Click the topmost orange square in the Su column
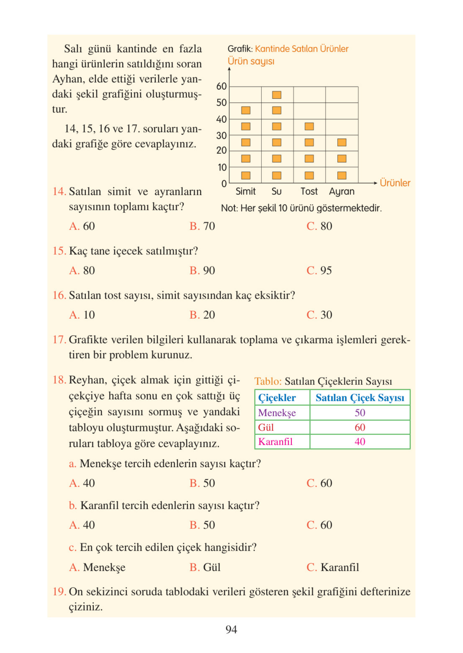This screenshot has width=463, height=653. [x=276, y=95]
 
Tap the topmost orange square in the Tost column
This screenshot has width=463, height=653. [x=309, y=126]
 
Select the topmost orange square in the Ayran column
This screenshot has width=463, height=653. [x=342, y=142]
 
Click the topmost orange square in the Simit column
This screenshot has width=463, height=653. [x=246, y=110]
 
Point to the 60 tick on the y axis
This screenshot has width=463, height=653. [x=221, y=86]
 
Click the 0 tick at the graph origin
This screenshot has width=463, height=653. [x=224, y=184]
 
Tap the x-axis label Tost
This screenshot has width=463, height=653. [x=309, y=191]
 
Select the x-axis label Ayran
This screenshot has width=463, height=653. [x=342, y=191]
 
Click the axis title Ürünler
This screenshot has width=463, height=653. [x=395, y=183]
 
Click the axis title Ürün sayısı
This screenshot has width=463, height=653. [x=251, y=61]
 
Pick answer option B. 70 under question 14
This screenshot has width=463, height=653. [x=202, y=226]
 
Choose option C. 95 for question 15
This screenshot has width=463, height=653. [x=319, y=270]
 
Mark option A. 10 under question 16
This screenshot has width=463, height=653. [x=82, y=315]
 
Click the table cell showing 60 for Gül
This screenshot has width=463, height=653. [x=360, y=427]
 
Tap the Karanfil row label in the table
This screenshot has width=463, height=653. [x=275, y=441]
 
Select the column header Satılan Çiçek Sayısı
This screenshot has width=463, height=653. [x=360, y=398]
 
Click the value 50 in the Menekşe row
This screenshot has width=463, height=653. [x=360, y=412]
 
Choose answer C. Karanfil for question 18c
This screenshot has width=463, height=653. [x=333, y=567]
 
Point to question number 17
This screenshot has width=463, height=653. [x=59, y=339]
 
